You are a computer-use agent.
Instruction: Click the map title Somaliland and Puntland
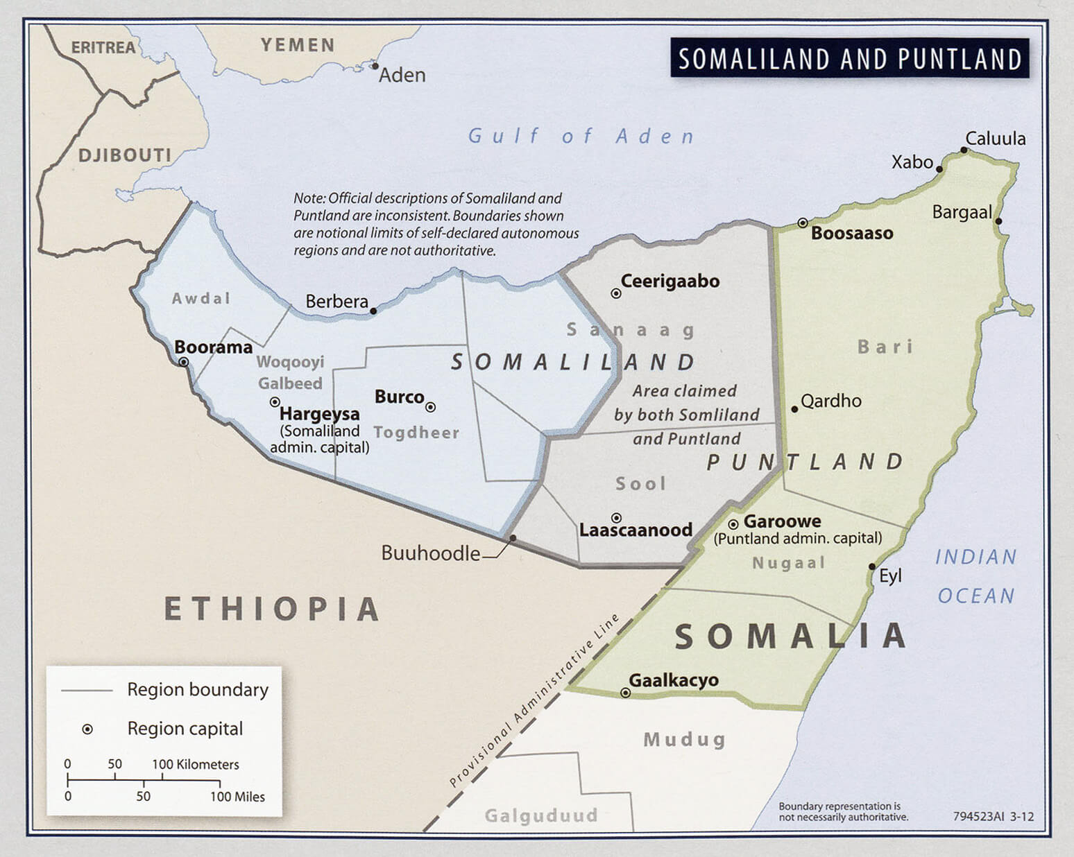(850, 59)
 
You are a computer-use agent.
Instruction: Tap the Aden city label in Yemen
(402, 75)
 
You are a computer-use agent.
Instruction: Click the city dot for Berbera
(373, 311)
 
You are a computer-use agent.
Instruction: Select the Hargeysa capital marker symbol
(275, 402)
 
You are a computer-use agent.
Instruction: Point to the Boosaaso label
(852, 233)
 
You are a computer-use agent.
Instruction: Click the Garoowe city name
(782, 521)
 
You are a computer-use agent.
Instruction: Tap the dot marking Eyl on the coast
(872, 566)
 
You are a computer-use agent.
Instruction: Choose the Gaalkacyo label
(673, 680)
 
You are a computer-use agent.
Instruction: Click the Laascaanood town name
(636, 530)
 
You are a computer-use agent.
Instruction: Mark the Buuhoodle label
(430, 553)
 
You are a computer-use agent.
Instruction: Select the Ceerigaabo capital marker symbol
(615, 293)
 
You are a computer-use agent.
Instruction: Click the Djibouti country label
(124, 155)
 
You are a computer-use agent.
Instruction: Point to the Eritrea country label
(103, 47)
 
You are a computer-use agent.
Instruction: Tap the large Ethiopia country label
(272, 609)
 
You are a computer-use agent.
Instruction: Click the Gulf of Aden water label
(581, 136)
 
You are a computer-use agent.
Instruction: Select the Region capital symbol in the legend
(87, 729)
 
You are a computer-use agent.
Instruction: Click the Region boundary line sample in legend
(87, 691)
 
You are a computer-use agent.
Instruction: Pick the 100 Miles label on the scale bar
(237, 797)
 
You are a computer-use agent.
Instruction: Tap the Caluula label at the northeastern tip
(995, 139)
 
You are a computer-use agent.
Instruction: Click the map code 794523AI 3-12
(993, 816)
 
